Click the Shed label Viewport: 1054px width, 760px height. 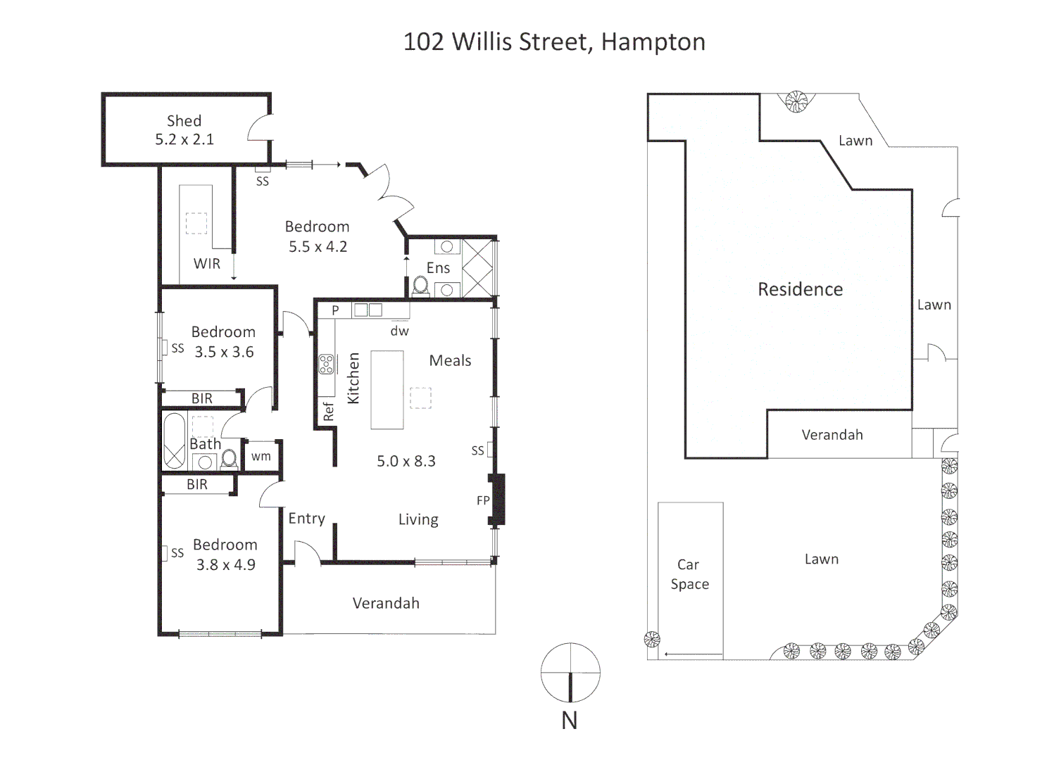[184, 121]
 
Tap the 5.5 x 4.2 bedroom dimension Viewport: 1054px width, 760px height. [318, 246]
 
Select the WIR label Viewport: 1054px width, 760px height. [207, 264]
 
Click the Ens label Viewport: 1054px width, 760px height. [438, 268]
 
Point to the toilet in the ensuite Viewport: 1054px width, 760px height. [420, 286]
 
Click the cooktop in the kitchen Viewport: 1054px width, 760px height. [326, 364]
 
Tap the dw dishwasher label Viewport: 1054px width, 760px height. [399, 331]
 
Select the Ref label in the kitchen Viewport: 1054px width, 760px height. [328, 412]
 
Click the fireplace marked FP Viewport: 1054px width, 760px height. [498, 500]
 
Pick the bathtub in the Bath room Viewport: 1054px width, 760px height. [174, 441]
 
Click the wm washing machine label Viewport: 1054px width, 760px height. [261, 456]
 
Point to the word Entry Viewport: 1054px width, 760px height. [306, 519]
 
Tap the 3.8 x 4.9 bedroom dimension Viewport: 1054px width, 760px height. [225, 564]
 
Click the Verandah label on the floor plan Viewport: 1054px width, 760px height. [386, 603]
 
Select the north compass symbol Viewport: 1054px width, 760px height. [570, 673]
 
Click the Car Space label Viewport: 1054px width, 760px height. [689, 574]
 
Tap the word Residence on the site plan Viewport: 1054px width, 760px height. [800, 289]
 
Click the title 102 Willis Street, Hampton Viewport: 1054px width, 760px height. [554, 42]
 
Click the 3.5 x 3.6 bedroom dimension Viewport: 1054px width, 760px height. [224, 352]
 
